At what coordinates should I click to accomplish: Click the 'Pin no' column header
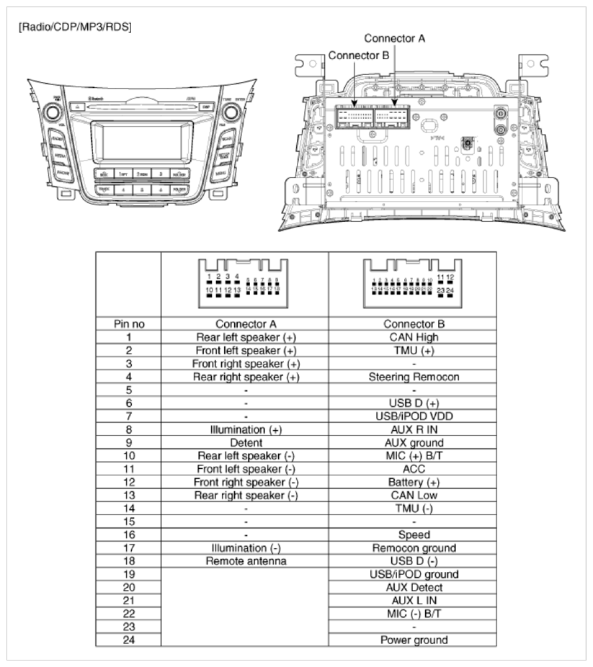coord(128,324)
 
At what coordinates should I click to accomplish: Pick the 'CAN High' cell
coord(413,336)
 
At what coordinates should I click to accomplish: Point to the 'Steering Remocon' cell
coord(413,375)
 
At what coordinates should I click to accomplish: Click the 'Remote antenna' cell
coord(246,561)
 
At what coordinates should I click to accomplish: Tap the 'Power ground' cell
coord(413,640)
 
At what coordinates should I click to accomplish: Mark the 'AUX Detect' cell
coord(413,587)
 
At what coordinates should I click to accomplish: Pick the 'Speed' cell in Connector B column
coord(413,535)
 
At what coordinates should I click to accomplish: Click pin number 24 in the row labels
coord(128,640)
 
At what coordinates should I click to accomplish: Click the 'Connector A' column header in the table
coord(246,324)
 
